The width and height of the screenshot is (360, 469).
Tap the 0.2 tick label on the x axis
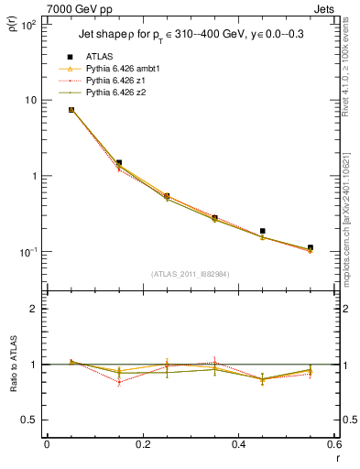143,444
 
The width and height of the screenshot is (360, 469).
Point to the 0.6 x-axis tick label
333,444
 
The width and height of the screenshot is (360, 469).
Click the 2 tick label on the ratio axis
34,309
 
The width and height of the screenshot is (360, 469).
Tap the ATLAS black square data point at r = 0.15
119,162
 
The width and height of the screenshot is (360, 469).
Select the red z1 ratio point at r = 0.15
119,382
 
